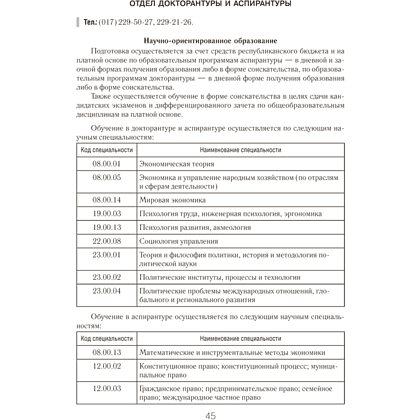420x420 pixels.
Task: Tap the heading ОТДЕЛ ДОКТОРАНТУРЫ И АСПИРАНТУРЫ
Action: (209, 5)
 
